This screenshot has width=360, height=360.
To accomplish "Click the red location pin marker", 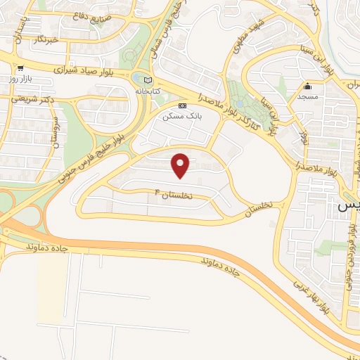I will click(x=181, y=165).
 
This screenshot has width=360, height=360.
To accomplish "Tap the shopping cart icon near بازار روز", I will click(x=21, y=69).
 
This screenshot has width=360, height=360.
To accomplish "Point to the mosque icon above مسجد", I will click(x=308, y=86).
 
